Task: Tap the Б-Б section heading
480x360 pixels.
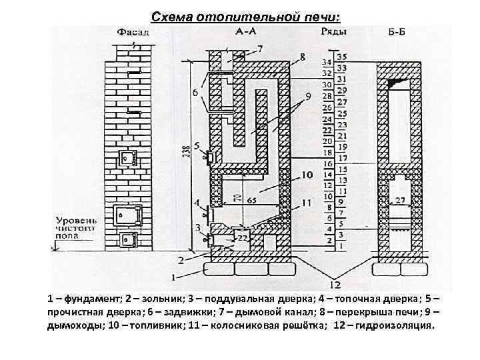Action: [399, 31]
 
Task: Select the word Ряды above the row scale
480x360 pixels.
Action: [331, 31]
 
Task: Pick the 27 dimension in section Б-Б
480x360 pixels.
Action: [399, 200]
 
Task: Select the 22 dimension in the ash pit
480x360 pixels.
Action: [242, 238]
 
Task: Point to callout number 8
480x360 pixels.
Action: [303, 58]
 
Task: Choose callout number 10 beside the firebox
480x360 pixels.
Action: [306, 175]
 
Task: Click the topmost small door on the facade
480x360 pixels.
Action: [127, 158]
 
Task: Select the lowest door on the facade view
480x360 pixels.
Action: [126, 239]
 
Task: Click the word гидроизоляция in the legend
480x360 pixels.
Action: [396, 326]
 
